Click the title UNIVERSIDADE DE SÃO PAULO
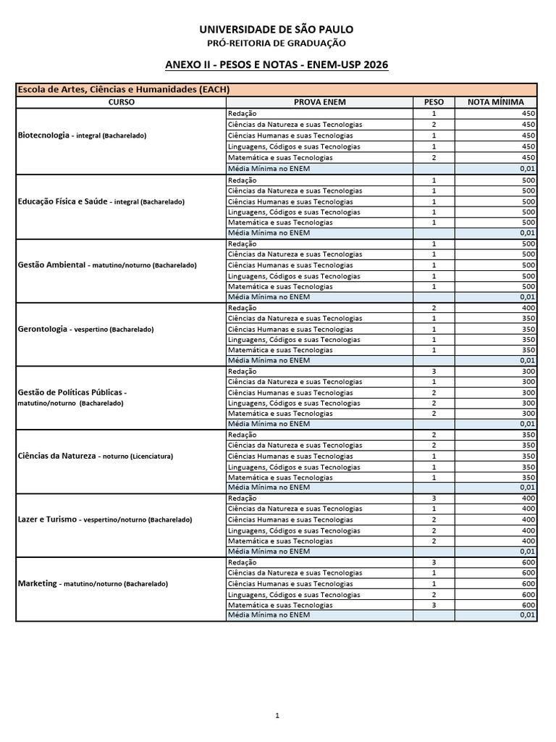(277, 29)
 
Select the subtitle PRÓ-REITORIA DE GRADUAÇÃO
(277, 43)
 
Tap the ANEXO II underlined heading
(277, 65)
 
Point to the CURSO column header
(121, 102)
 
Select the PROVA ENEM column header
(319, 102)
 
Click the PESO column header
(434, 102)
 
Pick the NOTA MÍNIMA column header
(495, 102)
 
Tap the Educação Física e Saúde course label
(101, 201)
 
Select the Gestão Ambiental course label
(106, 265)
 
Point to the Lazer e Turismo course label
(104, 520)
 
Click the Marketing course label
(92, 583)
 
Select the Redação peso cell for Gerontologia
(434, 307)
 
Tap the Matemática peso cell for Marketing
(434, 605)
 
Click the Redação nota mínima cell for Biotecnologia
(495, 113)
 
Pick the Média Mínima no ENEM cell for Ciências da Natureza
(319, 488)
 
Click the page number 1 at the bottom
(277, 715)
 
